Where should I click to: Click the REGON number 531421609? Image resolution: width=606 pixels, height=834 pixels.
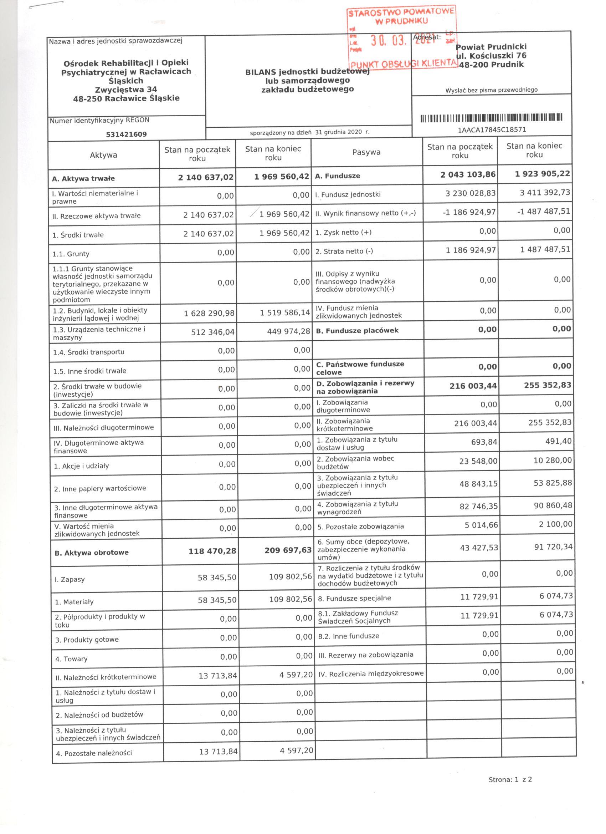click(126, 134)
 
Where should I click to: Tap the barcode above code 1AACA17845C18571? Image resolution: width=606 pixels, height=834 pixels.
click(491, 118)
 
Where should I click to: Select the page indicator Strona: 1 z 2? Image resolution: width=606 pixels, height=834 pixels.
click(510, 790)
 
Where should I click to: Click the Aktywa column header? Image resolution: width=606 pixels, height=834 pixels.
click(103, 155)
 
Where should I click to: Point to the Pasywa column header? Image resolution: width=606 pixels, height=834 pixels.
click(366, 152)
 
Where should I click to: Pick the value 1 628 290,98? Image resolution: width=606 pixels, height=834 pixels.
click(209, 313)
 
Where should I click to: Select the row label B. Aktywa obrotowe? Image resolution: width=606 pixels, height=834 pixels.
click(92, 553)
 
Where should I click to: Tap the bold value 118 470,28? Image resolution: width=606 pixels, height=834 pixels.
click(212, 551)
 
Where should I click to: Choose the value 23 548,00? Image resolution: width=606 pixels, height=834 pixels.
click(478, 461)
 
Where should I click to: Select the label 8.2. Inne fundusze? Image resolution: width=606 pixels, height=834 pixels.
click(348, 636)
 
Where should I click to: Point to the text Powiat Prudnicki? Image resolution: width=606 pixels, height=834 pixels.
click(491, 47)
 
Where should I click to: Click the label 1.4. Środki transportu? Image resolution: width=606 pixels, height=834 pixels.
click(88, 352)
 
